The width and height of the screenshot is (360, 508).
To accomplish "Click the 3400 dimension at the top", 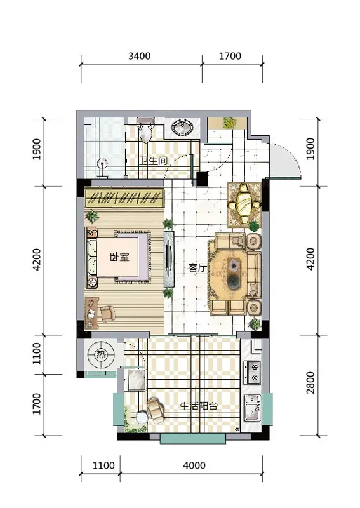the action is [139, 56].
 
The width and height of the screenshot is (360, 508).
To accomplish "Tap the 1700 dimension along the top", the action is [230, 56].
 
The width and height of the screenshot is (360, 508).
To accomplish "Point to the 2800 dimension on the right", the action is [310, 382].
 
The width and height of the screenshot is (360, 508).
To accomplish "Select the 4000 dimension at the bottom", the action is [194, 465].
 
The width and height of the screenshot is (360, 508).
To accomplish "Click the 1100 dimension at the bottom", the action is [103, 465].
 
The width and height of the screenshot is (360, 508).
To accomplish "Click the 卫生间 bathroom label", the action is [154, 161].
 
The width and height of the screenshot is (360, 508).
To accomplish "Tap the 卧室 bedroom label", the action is [119, 257].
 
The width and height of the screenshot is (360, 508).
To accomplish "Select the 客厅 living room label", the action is [197, 268].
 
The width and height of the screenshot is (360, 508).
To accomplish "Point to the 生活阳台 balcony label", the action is [198, 406].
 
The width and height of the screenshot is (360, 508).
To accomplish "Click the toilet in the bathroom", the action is [145, 130].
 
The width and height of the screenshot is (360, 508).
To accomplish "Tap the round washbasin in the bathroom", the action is [182, 127].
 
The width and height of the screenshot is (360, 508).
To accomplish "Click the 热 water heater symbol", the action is [101, 355].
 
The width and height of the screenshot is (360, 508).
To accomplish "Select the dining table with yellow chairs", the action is [244, 204].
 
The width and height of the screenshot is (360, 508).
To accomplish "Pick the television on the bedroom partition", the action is [168, 258].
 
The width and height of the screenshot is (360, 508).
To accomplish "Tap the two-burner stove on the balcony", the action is [253, 372].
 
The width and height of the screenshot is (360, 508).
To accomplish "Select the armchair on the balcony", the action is [156, 410].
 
